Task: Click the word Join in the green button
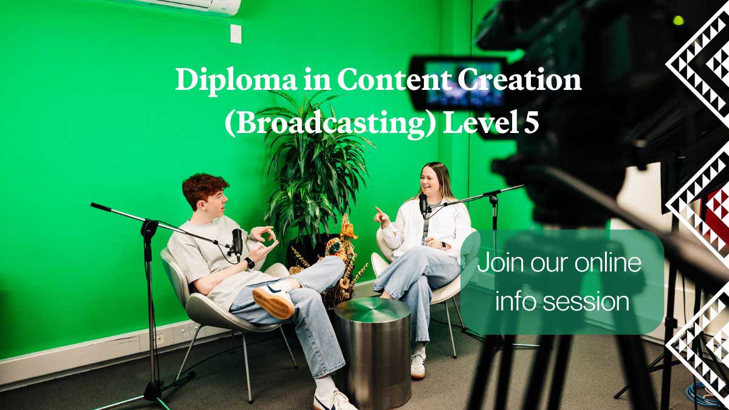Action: pyautogui.click(x=496, y=264)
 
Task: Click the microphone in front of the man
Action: pyautogui.click(x=237, y=242)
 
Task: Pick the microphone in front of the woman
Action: pyautogui.click(x=423, y=204)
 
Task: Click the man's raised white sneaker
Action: pyautogui.click(x=273, y=301)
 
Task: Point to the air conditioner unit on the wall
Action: pyautogui.click(x=194, y=6)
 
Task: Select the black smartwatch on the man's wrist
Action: pyautogui.click(x=249, y=263)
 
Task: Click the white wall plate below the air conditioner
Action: pyautogui.click(x=236, y=33)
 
